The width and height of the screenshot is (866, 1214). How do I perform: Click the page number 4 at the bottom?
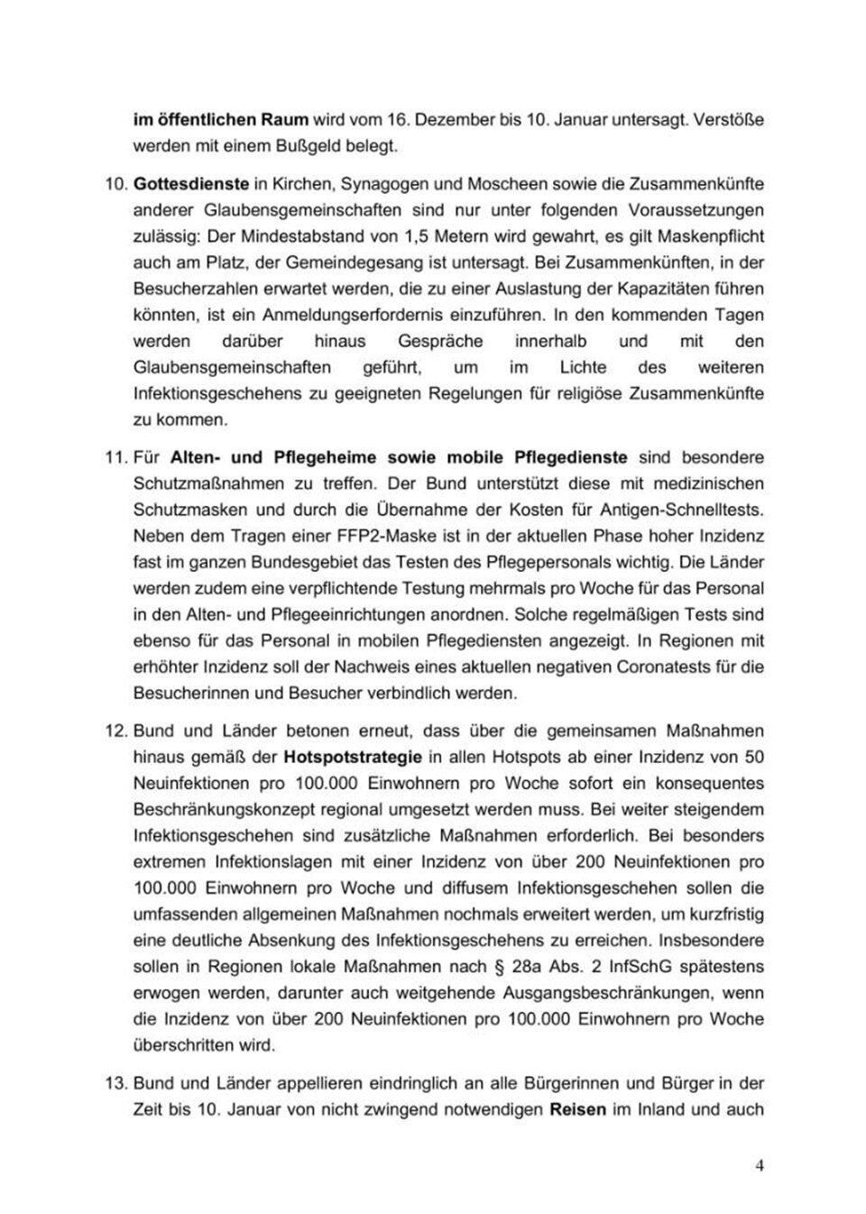pyautogui.click(x=760, y=1165)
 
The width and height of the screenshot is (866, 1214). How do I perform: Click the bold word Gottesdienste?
pyautogui.click(x=191, y=184)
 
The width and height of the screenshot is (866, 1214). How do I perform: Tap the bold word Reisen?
pyautogui.click(x=577, y=1109)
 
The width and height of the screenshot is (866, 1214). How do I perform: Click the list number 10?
pyautogui.click(x=115, y=184)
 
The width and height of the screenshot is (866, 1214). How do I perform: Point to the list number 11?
pyautogui.click(x=115, y=457)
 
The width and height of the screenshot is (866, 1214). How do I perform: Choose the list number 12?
pyautogui.click(x=115, y=731)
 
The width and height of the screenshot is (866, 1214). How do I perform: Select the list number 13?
pyautogui.click(x=115, y=1083)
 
